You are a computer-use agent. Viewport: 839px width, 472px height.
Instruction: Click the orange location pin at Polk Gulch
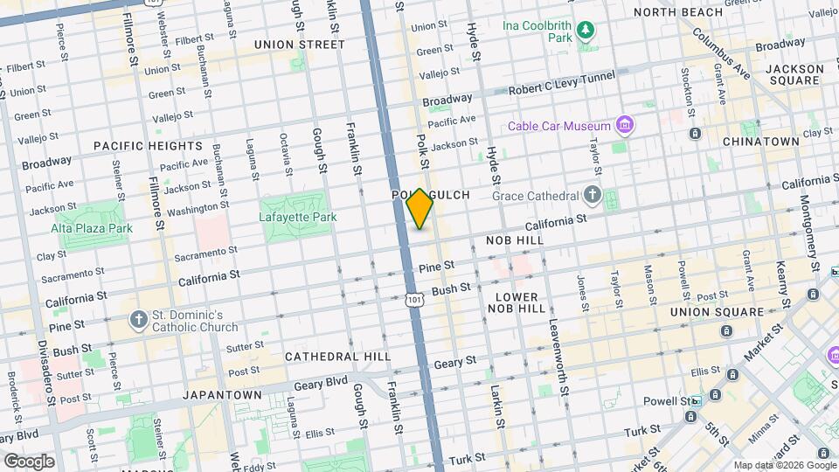tap(420, 208)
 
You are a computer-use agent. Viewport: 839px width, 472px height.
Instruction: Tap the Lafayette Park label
tap(297, 217)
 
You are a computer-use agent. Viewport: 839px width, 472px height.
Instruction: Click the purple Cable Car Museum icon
tap(624, 126)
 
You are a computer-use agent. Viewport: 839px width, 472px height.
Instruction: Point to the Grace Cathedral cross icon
tap(593, 194)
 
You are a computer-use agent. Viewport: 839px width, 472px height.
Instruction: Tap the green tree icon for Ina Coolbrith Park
tap(586, 33)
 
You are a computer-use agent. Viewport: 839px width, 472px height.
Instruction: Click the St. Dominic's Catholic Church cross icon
tap(138, 320)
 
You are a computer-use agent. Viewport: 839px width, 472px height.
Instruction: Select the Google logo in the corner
tap(29, 461)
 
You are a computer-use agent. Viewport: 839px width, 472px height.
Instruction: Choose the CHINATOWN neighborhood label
tap(760, 141)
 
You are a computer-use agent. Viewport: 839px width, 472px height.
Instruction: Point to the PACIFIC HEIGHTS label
tap(135, 146)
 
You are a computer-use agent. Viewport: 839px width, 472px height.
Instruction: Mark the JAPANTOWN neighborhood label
tap(222, 395)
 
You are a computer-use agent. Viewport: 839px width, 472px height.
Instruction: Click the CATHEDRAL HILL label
tap(331, 357)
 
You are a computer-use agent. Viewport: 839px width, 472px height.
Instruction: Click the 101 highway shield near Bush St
tap(414, 300)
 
